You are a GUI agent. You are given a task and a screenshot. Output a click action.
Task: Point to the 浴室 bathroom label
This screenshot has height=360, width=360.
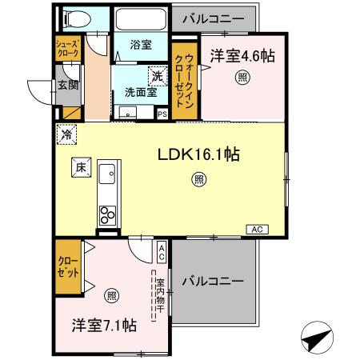pos(141,46)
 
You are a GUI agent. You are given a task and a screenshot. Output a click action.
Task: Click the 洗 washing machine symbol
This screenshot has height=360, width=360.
pos(158,76)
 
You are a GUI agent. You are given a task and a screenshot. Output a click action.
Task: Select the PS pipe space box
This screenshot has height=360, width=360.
pos(162,114)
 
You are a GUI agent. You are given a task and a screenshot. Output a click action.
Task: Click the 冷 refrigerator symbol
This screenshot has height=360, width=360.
pos(66,134)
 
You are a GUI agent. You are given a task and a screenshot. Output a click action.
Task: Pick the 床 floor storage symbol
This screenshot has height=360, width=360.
pos(80,167)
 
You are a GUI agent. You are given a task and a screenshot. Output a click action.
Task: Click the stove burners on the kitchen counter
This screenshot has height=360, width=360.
pos(106,214)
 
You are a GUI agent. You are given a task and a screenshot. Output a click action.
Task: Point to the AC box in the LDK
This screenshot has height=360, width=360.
pos(256,230)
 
